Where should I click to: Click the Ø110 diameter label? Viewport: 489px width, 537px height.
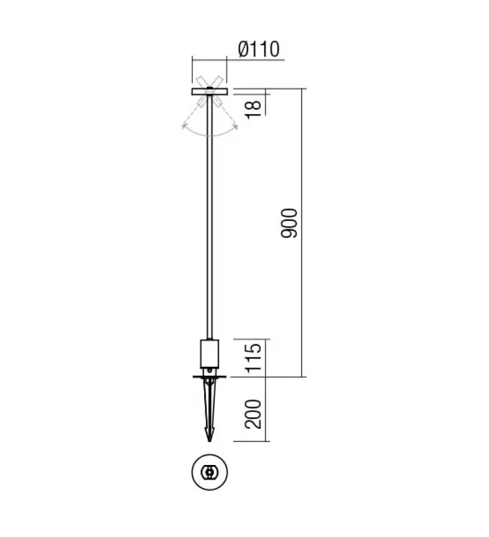(x=259, y=49)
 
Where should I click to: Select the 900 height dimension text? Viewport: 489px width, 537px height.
(x=289, y=223)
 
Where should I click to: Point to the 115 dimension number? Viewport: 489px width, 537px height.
(x=254, y=358)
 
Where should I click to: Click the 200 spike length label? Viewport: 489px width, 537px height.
(x=253, y=413)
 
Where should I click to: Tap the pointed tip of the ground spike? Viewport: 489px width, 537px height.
(x=210, y=441)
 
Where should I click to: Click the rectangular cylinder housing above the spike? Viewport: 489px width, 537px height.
(x=210, y=353)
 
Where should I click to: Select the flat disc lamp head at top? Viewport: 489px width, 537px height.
(x=210, y=91)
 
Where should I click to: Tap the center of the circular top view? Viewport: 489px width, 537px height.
(x=210, y=472)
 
